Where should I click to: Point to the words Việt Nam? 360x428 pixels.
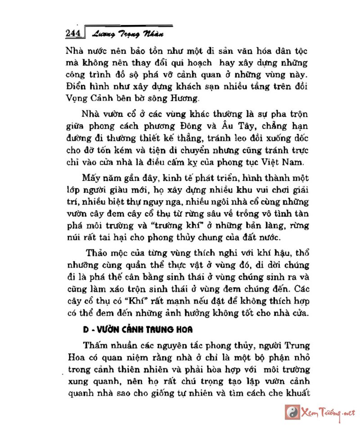click(284, 161)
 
